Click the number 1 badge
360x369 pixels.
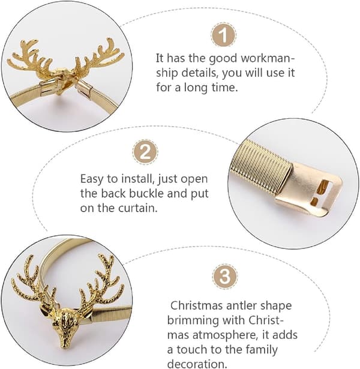223,35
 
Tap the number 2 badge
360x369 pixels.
145,152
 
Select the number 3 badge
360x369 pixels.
225,276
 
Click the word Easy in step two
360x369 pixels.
92,179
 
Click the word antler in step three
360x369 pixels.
238,305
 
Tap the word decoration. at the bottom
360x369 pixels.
197,364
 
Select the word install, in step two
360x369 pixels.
138,179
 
